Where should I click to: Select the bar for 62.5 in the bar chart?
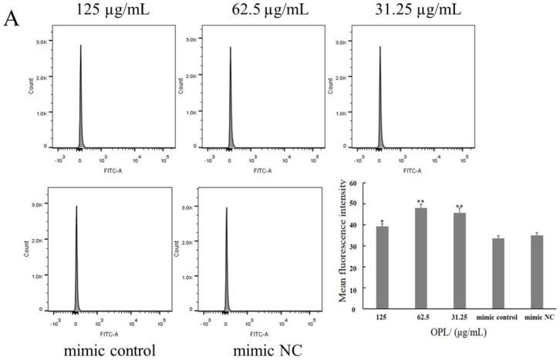[421, 258]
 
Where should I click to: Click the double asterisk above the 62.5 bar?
[421, 203]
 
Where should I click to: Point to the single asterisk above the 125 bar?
[383, 221]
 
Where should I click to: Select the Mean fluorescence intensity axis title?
[333, 247]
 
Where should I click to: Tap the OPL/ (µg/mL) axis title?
[459, 333]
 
